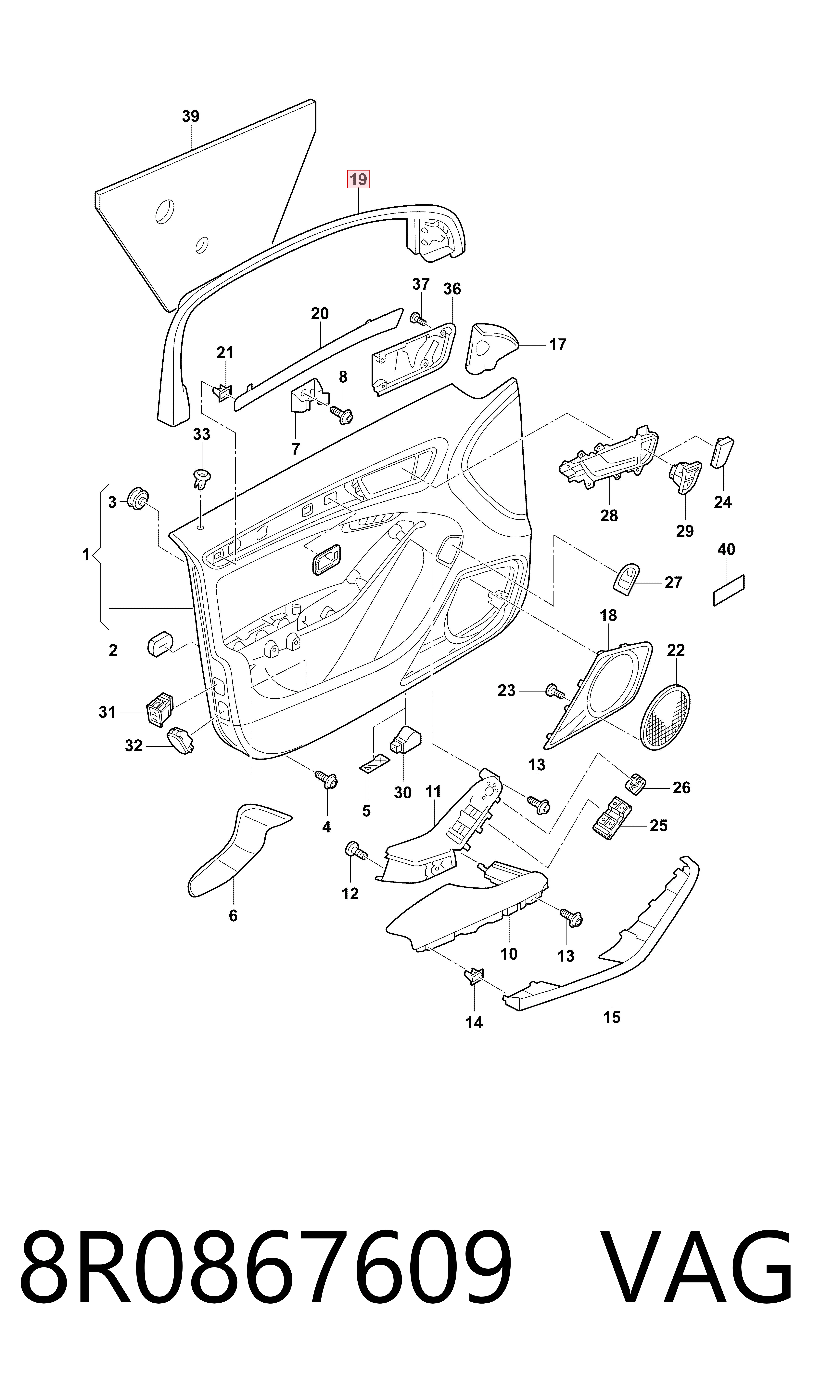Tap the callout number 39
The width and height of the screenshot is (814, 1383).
click(x=190, y=116)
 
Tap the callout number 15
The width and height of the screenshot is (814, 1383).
click(x=612, y=1017)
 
